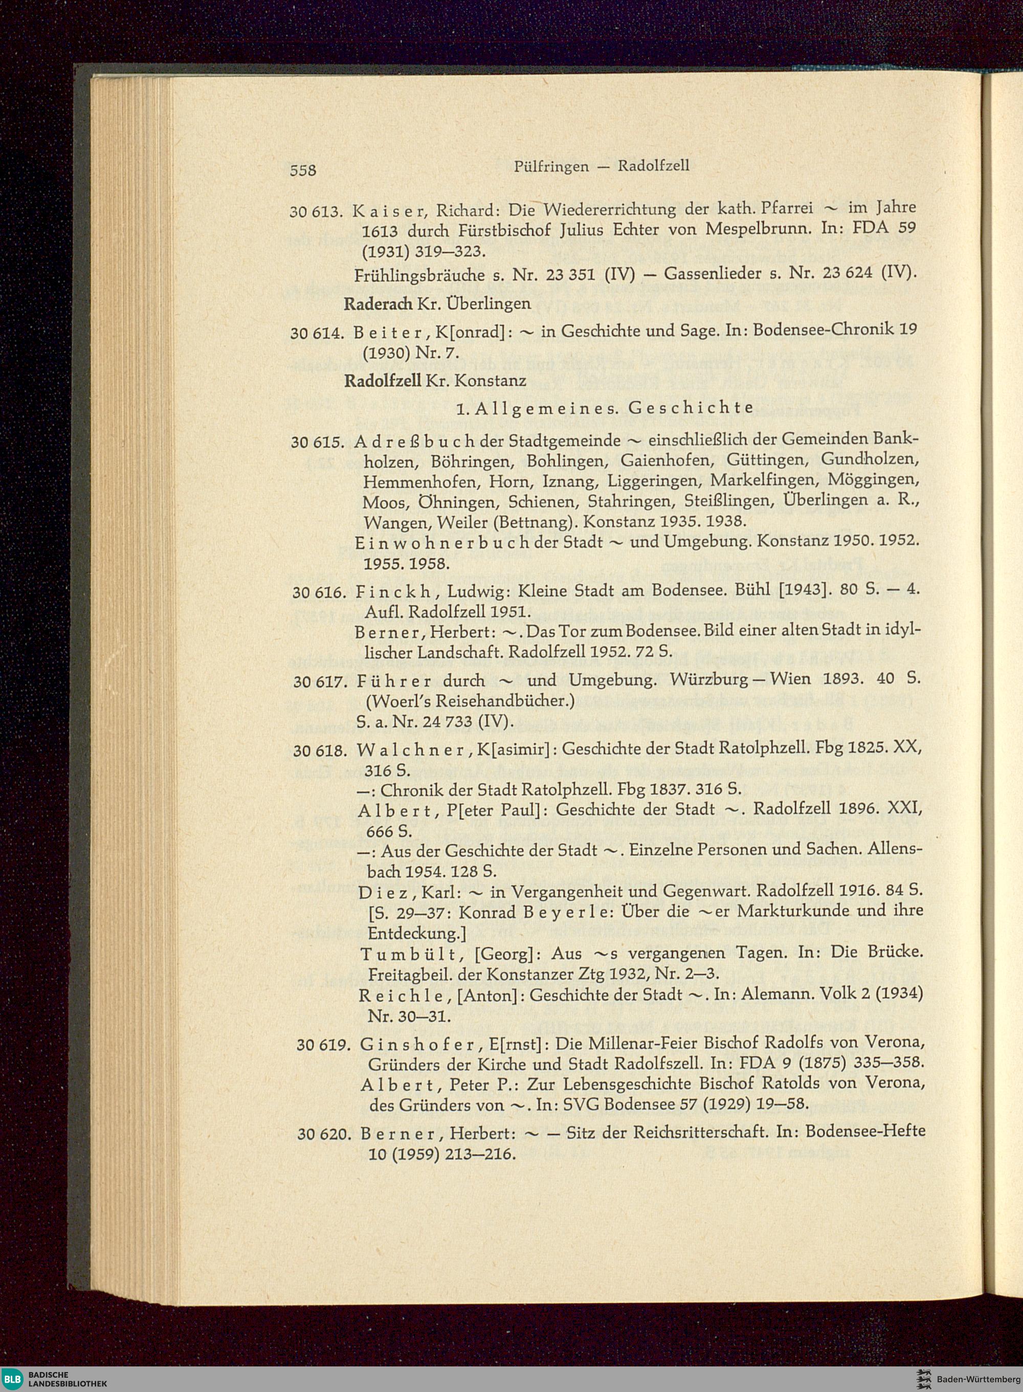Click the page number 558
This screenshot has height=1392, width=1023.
303,170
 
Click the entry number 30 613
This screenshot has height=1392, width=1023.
316,212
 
